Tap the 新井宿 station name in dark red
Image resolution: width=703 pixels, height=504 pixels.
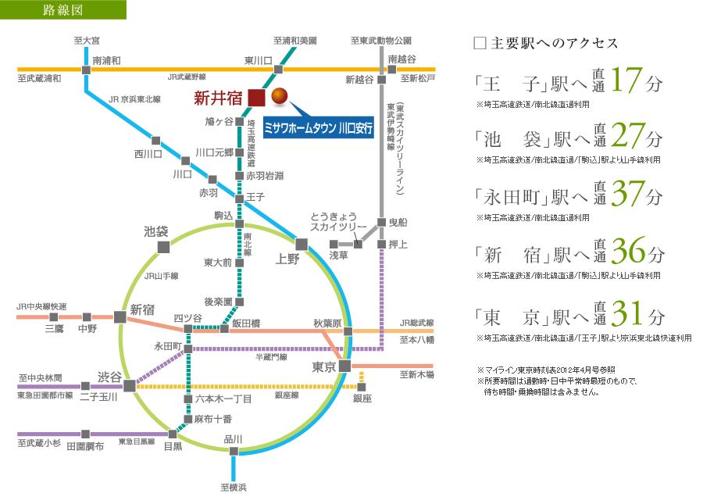218,98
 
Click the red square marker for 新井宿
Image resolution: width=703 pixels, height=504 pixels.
256,98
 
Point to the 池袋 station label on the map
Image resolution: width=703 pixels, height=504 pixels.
156,231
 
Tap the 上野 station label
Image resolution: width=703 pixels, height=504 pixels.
287,259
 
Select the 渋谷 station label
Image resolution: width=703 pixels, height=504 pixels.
109,377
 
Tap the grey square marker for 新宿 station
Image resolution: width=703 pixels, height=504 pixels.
120,316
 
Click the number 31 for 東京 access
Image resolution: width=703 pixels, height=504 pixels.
629,315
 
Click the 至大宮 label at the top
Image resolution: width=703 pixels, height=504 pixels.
87,39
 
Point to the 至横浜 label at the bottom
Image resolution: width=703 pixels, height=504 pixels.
234,488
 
